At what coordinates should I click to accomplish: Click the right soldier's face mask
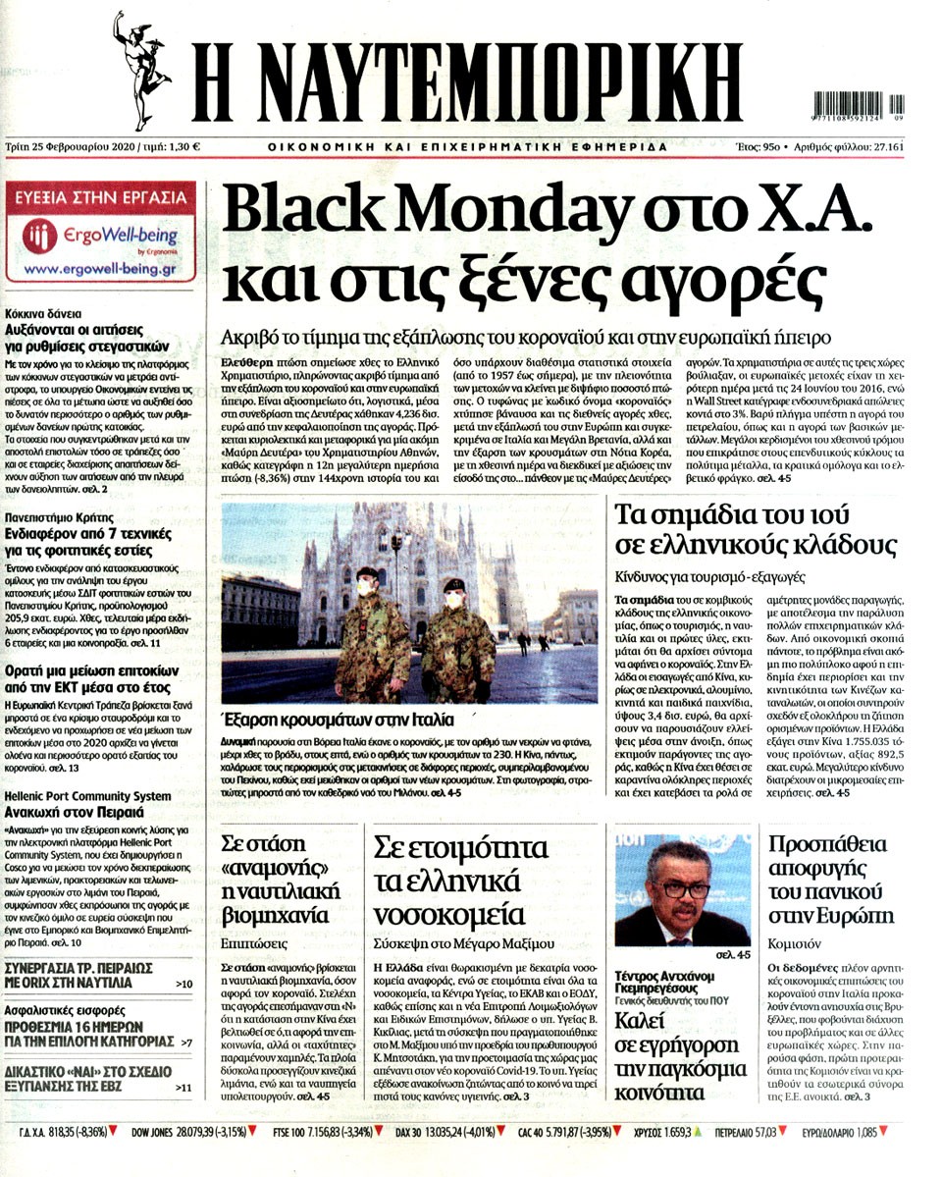coord(454,595)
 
